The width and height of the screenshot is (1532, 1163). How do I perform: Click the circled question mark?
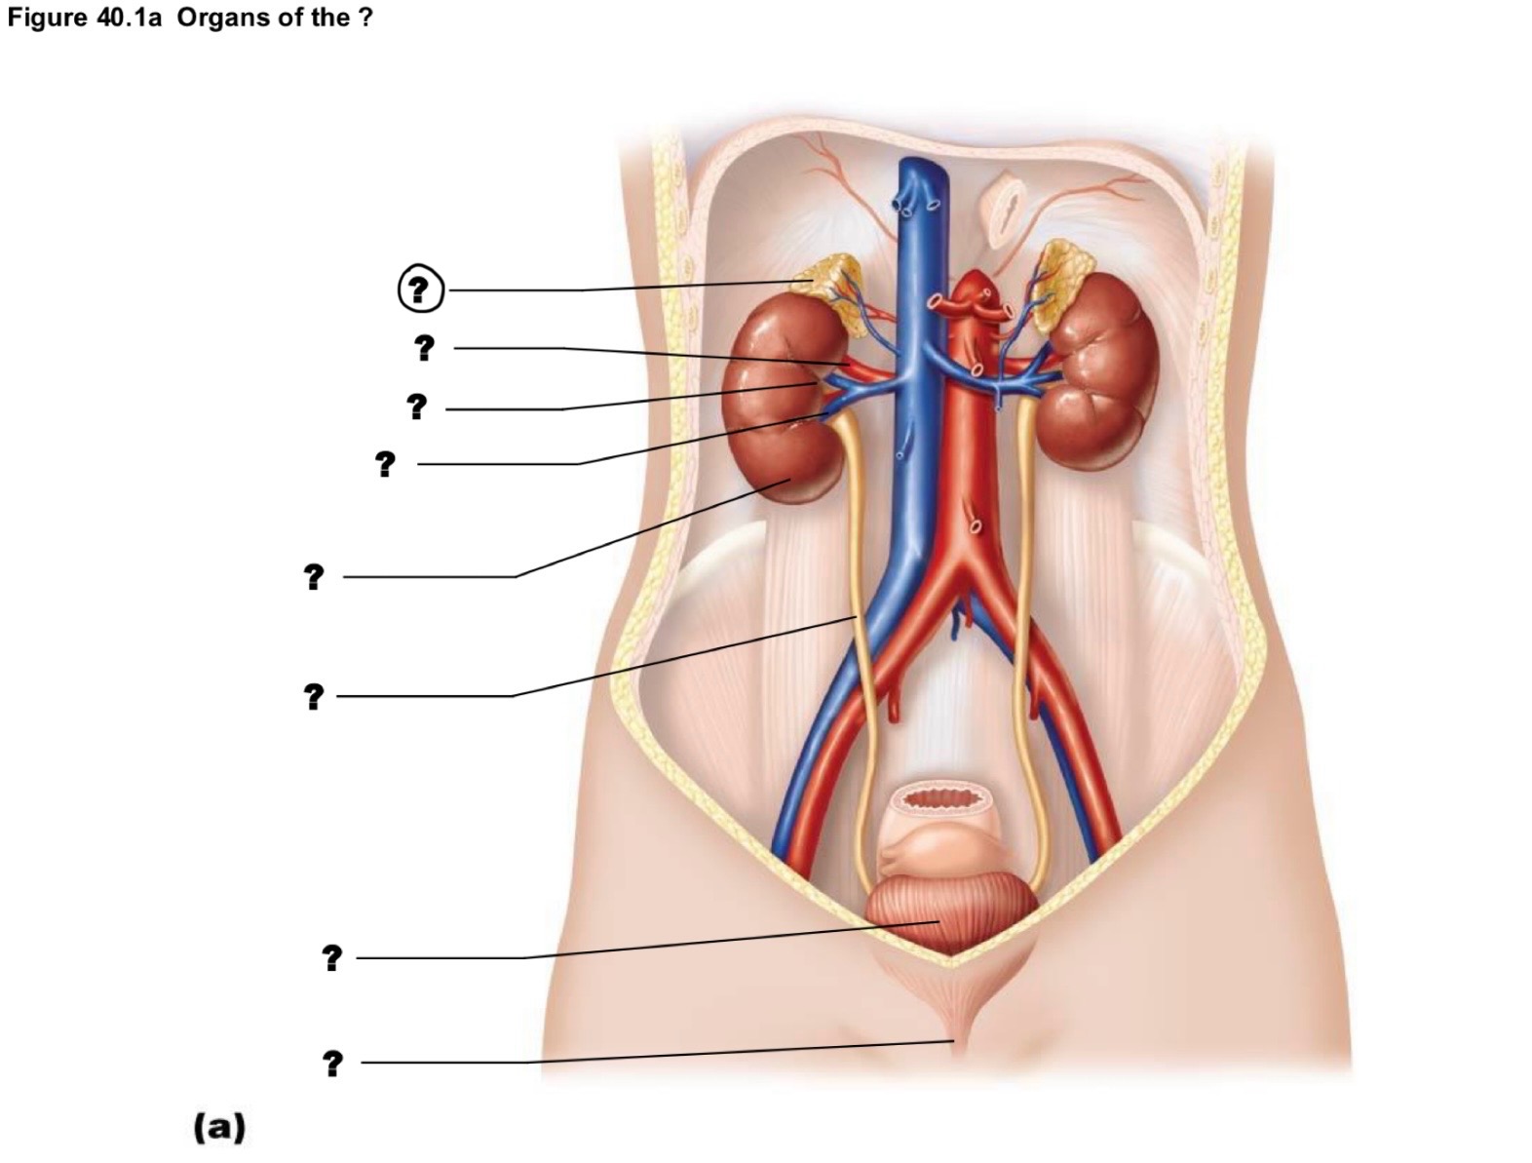pos(420,289)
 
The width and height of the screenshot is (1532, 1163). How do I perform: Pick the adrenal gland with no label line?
pos(1061,283)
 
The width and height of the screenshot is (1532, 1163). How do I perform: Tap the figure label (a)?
pos(219,1126)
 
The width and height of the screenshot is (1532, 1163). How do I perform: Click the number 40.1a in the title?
pos(129,18)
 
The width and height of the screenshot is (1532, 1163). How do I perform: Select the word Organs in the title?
pos(221,18)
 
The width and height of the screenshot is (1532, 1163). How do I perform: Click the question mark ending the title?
pos(365,18)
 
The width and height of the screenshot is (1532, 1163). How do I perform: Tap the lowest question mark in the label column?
pos(333,1064)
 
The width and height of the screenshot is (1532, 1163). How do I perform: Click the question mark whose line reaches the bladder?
pos(332,957)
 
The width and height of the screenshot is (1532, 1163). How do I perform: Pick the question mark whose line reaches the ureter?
pos(314,696)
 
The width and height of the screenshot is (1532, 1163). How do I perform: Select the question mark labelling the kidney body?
pos(314,576)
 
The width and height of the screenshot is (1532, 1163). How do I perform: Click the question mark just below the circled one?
pos(424,347)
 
